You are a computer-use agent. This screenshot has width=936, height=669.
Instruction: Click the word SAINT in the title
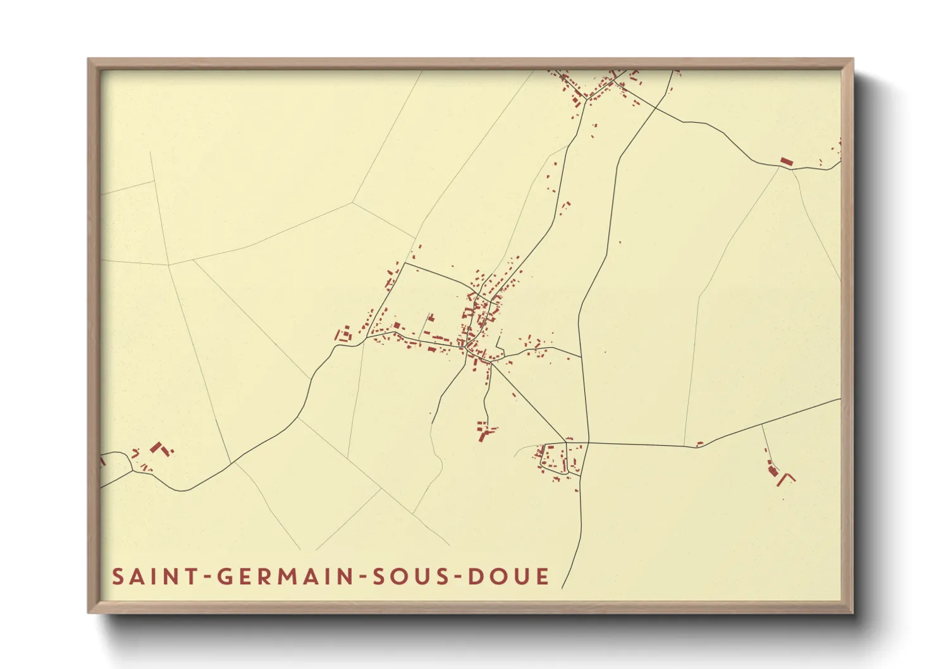click(152, 577)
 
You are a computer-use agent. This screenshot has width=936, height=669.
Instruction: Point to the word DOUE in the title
click(509, 577)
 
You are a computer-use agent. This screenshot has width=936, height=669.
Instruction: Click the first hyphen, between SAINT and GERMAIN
click(204, 577)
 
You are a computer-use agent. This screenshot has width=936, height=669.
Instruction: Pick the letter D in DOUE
click(477, 577)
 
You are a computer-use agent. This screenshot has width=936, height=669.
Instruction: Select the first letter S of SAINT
click(118, 577)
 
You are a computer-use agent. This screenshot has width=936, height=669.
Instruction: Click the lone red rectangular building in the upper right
click(786, 162)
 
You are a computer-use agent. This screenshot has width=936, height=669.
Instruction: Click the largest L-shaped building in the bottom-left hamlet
click(157, 448)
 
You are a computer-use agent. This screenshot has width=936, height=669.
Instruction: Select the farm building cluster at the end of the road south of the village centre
click(485, 431)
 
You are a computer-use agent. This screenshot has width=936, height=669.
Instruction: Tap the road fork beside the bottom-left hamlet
click(131, 470)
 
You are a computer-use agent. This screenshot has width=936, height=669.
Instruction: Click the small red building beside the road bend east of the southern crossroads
click(699, 444)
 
